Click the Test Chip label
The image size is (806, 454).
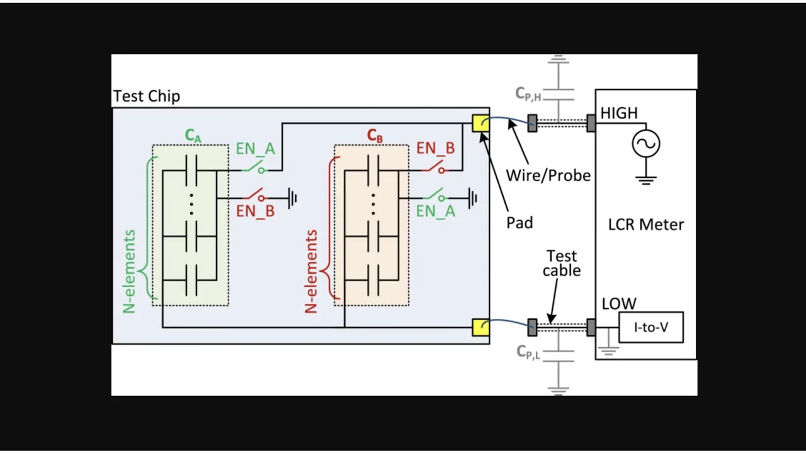(x=147, y=96)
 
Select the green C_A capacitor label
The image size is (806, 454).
(x=193, y=136)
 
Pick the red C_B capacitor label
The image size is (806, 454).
(x=375, y=136)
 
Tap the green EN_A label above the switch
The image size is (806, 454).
(x=255, y=149)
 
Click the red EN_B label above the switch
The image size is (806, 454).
(x=435, y=149)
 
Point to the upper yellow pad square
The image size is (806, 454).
(x=480, y=122)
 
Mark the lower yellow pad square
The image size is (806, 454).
(x=480, y=327)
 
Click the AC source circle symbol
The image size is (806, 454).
(x=646, y=143)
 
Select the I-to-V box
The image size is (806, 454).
(x=651, y=327)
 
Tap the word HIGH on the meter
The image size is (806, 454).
(x=619, y=113)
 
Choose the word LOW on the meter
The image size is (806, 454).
(x=619, y=304)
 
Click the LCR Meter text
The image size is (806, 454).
(x=646, y=224)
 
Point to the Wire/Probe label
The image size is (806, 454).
(x=548, y=175)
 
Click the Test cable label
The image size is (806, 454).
(x=562, y=264)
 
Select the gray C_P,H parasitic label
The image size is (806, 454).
(x=528, y=95)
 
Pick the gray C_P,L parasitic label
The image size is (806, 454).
(x=528, y=352)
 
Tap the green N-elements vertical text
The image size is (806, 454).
(x=129, y=271)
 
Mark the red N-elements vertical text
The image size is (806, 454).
(x=310, y=271)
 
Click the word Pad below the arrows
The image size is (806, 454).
(x=519, y=223)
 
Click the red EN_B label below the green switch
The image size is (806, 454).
(x=255, y=211)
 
